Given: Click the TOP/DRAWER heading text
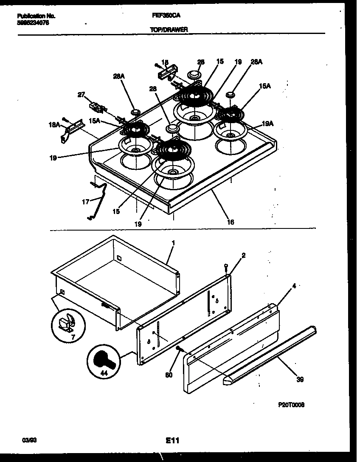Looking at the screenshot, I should [169, 30].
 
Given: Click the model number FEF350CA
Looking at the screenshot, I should [166, 15].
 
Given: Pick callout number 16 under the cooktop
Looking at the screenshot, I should [231, 222].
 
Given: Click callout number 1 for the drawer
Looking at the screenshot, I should [173, 242].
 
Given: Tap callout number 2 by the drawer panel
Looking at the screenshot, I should [243, 256].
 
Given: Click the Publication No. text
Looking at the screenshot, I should [36, 16].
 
